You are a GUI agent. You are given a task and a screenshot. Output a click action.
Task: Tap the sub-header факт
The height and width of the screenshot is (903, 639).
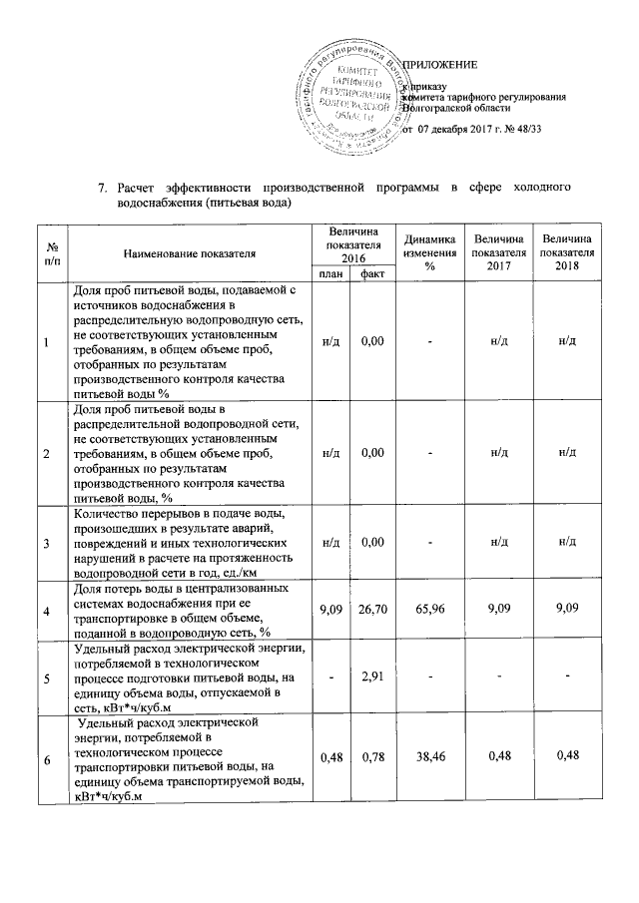(372, 273)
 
